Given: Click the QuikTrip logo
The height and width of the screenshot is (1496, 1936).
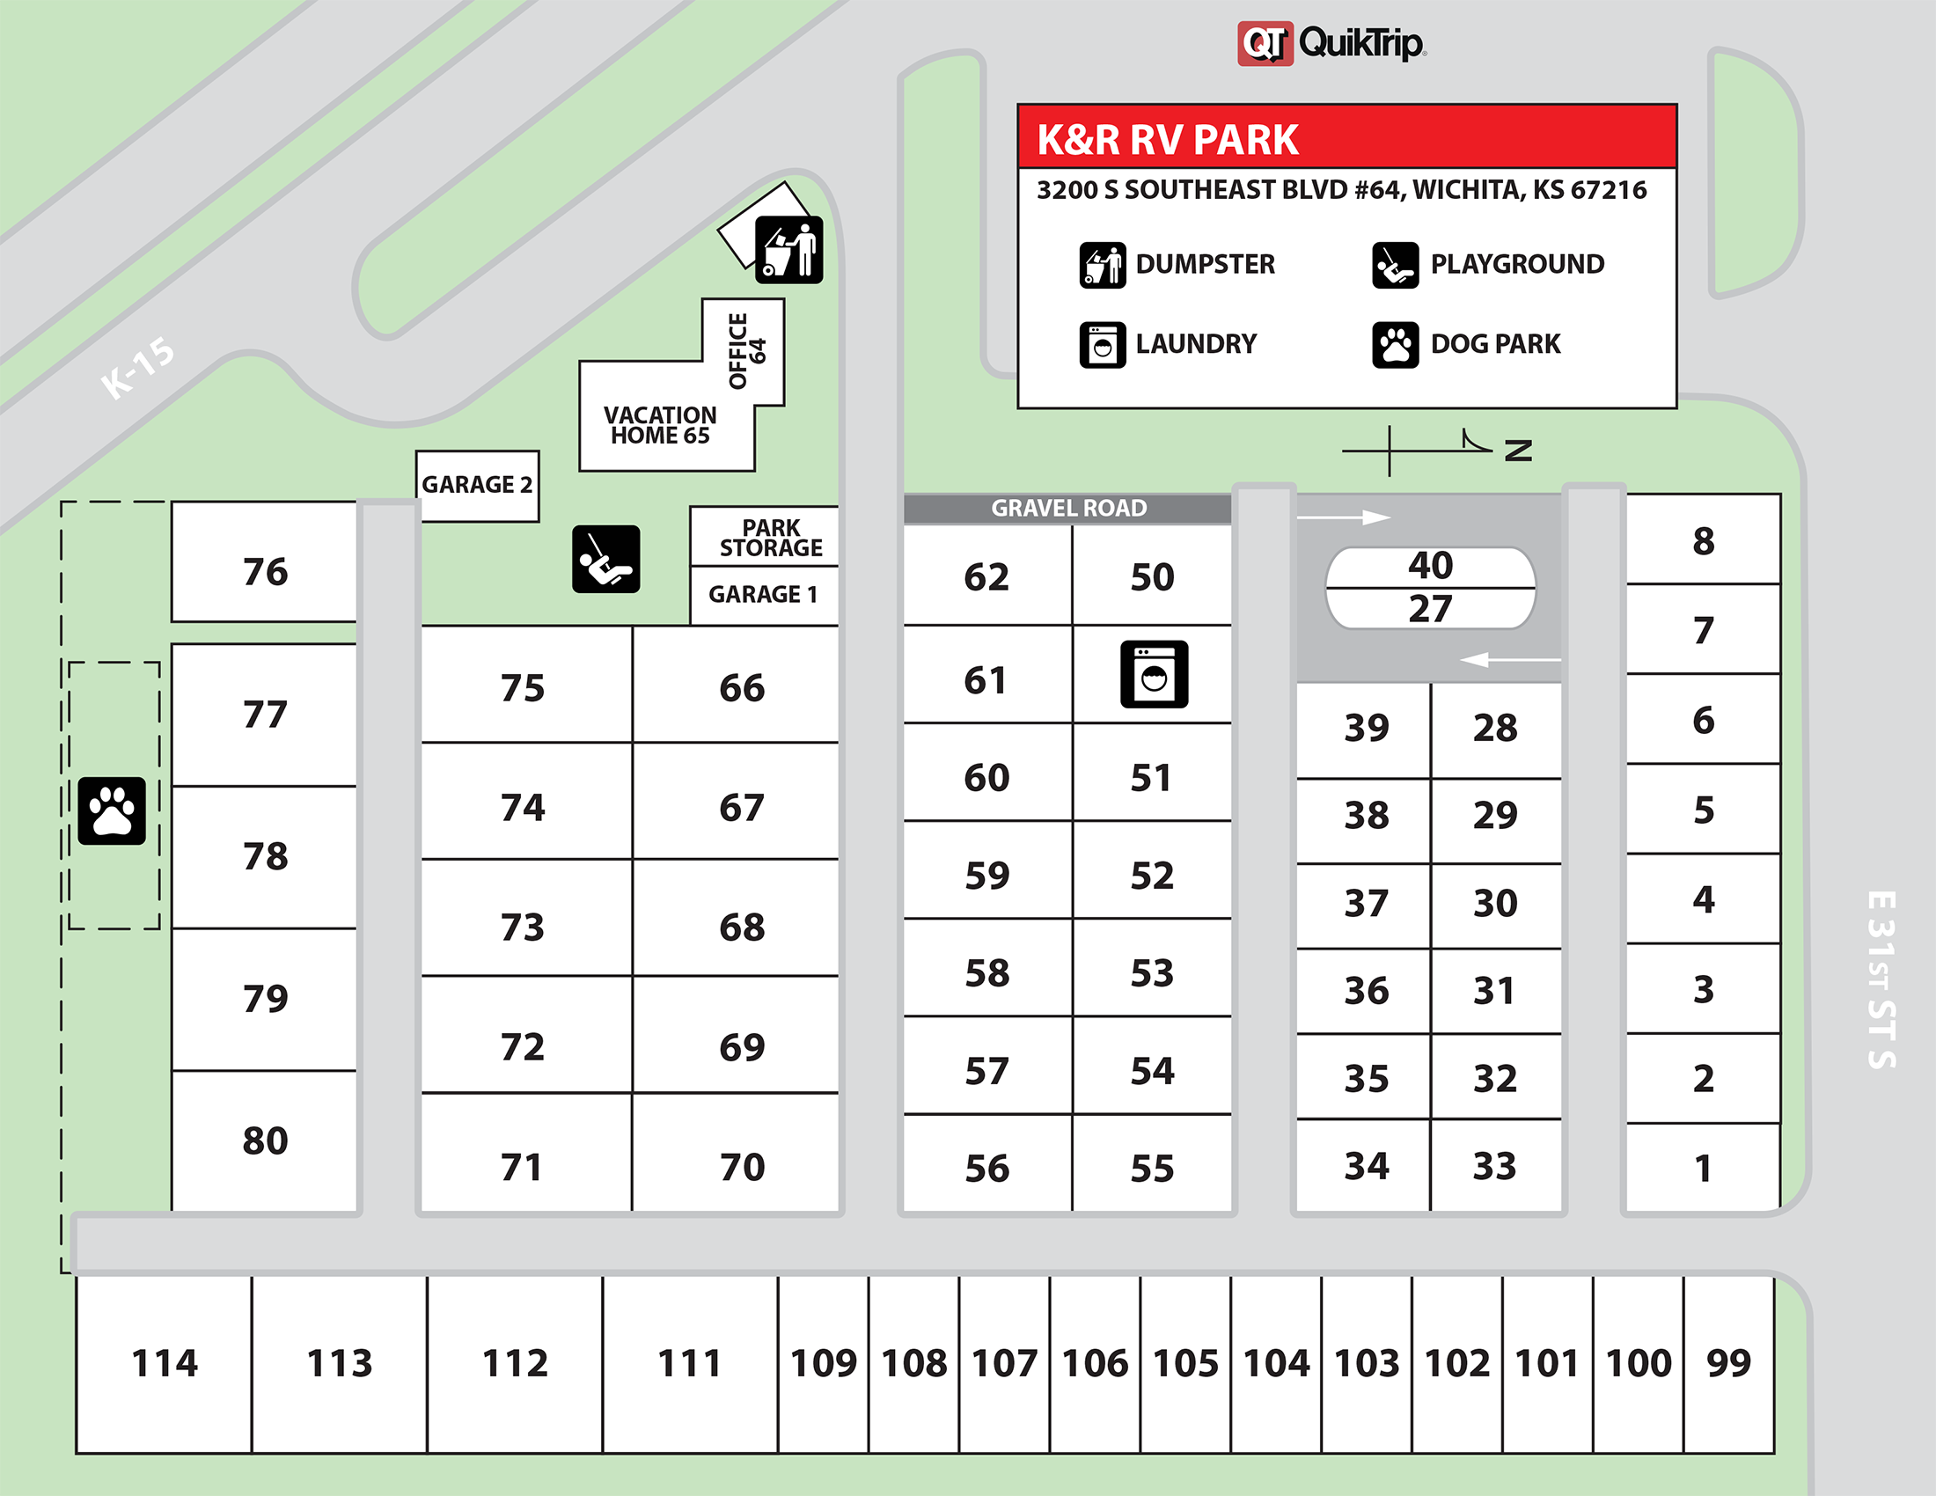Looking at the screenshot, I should point(1331,43).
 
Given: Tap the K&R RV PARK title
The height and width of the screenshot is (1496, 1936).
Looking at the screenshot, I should point(1168,140).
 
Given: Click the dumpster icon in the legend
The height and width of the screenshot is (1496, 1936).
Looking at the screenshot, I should point(1102,265).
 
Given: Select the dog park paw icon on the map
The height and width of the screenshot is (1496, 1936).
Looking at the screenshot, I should point(112,811).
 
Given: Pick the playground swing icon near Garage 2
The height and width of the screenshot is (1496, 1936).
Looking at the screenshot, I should point(605,559).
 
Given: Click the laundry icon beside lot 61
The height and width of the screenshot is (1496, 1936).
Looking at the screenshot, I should point(1154,674).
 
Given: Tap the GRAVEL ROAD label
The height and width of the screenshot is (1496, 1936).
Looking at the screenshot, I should point(1068,509).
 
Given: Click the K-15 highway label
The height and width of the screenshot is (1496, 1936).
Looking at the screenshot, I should point(137,367).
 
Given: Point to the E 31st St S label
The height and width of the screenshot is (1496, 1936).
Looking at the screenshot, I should point(1881,979).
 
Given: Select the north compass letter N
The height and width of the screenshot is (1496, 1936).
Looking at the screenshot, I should point(1518,451).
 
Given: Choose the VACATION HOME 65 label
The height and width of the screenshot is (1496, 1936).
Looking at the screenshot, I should point(660,425).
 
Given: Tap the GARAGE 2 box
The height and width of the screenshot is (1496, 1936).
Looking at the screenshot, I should point(477,485).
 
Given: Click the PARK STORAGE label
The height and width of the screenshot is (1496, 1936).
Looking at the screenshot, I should point(770,538).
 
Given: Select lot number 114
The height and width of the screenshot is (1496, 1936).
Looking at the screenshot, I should point(164,1363).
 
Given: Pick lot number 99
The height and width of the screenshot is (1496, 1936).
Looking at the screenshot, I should point(1727,1363).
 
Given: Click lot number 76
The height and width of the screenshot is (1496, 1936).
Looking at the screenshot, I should point(265,572).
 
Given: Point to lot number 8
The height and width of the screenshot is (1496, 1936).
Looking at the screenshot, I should point(1703,540).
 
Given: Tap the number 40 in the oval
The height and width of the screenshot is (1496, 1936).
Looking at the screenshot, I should point(1430,566).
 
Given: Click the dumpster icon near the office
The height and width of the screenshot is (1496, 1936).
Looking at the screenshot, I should point(789,250).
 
